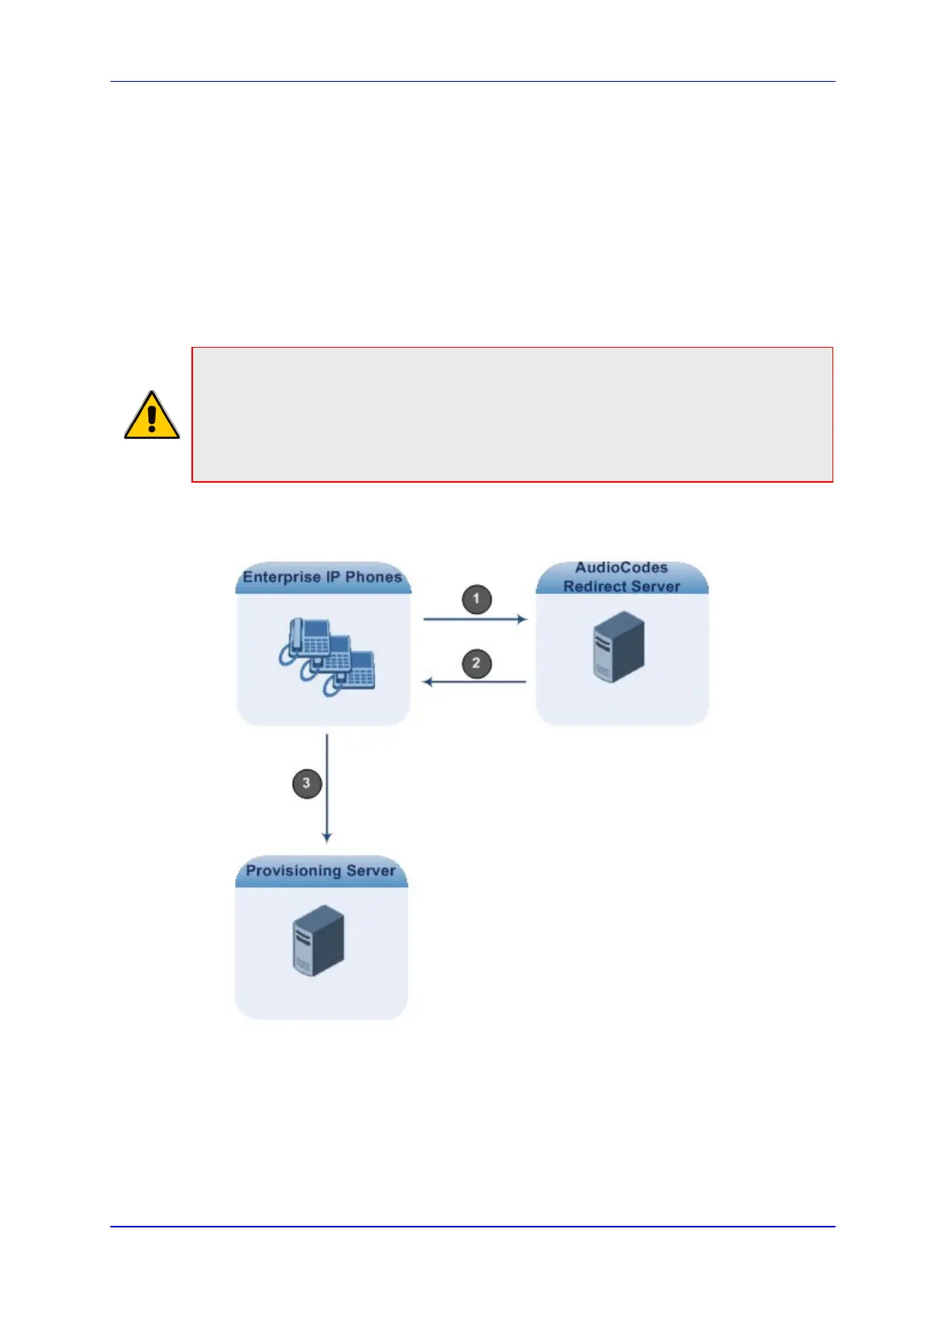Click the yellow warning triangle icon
click(152, 416)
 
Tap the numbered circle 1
click(477, 599)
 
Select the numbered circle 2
click(477, 663)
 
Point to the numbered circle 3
click(307, 784)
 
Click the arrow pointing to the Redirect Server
click(475, 618)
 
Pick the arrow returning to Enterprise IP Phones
click(475, 682)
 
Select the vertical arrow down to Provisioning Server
click(326, 788)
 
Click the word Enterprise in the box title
click(280, 577)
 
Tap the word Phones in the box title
click(373, 577)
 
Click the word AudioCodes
click(621, 568)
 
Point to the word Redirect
click(593, 587)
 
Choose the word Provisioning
click(293, 870)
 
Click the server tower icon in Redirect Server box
click(619, 647)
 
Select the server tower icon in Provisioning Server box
click(319, 941)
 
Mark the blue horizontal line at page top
click(473, 81)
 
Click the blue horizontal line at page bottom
click(473, 1227)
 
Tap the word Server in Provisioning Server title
click(371, 870)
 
